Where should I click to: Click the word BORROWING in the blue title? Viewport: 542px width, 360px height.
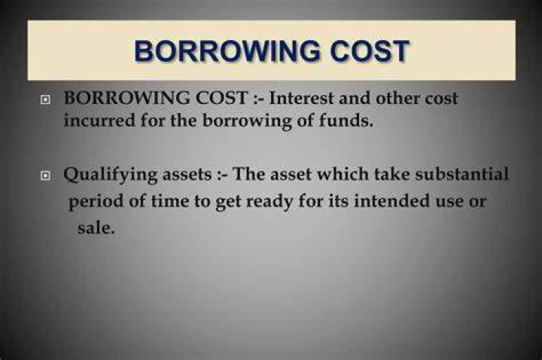coord(227,50)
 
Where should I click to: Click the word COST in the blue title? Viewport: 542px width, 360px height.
coord(370,50)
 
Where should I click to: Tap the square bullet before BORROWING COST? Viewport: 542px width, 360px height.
coord(45,100)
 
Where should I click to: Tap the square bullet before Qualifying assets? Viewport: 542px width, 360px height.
coord(45,175)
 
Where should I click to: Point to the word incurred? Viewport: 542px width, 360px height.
coord(99,121)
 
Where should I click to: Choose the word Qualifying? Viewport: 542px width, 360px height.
coord(111,175)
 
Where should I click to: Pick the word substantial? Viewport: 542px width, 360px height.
coord(461,174)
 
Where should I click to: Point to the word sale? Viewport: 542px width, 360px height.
coord(96,228)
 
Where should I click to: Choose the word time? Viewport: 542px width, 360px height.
coord(169,201)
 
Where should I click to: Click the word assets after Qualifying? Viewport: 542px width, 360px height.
coord(187,175)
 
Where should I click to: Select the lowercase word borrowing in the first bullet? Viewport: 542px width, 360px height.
coord(247,121)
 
